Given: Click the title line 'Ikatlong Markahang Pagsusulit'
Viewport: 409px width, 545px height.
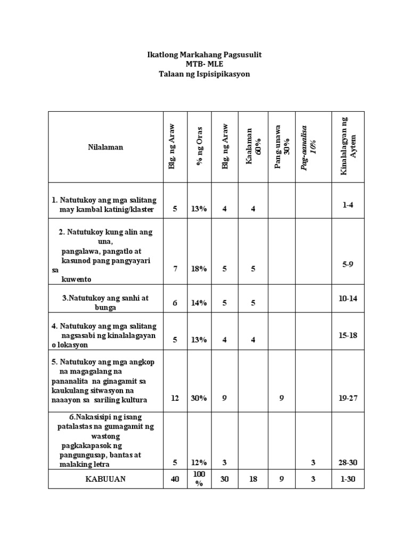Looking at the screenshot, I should pos(204,55).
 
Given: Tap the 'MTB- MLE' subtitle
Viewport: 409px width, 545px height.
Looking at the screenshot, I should pos(204,64).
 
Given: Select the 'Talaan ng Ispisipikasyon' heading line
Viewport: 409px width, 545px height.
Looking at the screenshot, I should pos(204,74).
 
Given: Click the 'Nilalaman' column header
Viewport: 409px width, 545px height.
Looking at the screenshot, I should pos(105,147).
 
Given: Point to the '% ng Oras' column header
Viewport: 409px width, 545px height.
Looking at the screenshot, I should pos(199,147).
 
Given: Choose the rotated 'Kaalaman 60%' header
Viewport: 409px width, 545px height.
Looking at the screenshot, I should pos(253,147).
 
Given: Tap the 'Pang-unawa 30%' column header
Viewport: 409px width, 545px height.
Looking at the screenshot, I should pos(282,147).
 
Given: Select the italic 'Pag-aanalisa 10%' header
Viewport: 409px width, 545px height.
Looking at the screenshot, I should pos(309,147).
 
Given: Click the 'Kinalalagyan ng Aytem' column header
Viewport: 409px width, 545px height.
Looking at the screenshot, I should pos(348,147).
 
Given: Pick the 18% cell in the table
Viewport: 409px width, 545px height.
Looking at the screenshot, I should pos(199,269).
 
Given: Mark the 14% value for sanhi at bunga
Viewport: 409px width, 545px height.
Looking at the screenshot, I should pos(199,303).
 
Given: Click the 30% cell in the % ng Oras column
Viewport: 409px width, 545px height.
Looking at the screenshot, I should pos(199,399).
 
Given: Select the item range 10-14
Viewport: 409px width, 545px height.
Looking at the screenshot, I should pos(348,299).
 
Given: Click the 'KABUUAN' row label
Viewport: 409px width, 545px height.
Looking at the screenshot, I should pos(105,479).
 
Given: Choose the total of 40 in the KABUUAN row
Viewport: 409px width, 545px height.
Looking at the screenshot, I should pos(175,479).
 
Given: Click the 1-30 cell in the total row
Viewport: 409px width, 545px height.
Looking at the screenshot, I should pos(348,479).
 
